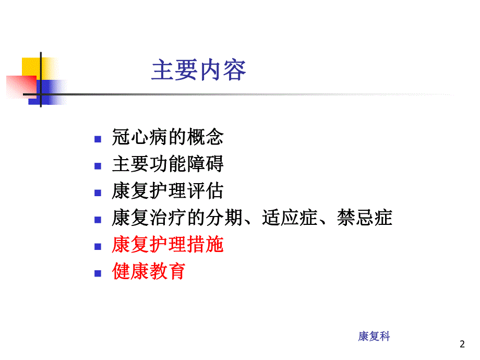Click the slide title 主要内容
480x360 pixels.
[198, 70]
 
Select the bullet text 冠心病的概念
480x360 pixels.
[167, 137]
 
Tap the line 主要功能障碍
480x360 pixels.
[167, 164]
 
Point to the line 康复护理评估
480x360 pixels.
[167, 191]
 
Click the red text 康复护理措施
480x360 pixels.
[167, 245]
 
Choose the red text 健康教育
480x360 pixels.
[149, 272]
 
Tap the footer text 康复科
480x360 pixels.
[374, 337]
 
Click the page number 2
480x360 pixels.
[461, 344]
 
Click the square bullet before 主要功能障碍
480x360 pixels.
[97, 166]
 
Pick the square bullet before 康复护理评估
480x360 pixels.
[97, 193]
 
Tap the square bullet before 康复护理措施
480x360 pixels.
[97, 246]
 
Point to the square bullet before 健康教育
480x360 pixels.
[97, 273]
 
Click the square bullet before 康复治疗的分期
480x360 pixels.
[97, 220]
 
